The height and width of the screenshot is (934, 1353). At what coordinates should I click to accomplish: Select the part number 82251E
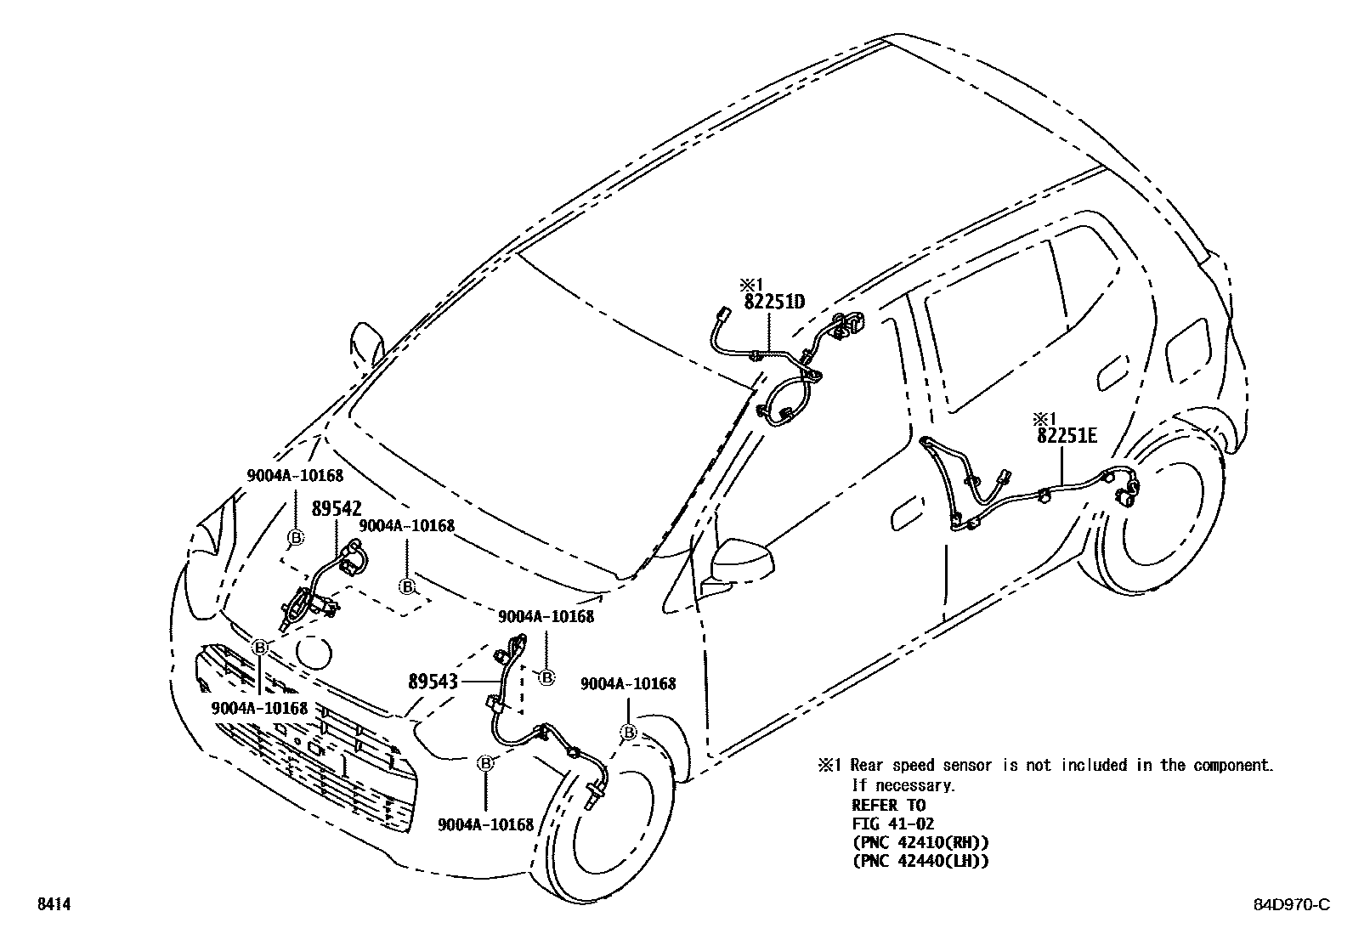1067,436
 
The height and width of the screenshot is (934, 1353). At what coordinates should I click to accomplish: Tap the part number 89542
337,509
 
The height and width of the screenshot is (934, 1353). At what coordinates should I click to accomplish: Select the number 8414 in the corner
53,905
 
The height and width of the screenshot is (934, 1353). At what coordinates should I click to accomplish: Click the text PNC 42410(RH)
920,842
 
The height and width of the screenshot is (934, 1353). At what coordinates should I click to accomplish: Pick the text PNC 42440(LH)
920,861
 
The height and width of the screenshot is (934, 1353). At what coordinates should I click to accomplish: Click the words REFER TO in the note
888,805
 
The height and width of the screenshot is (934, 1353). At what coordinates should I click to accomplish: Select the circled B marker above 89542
295,537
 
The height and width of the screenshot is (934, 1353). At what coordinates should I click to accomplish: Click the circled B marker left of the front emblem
260,648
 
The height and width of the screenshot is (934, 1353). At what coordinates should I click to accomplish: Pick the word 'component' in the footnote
1230,765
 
